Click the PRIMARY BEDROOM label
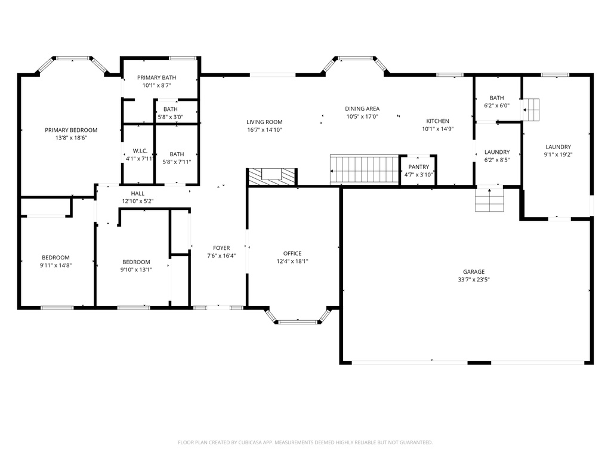(x=71, y=130)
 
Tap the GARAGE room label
(x=474, y=272)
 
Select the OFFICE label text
(x=292, y=253)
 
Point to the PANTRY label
(x=418, y=167)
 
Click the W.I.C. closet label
(x=140, y=151)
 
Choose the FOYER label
(x=221, y=248)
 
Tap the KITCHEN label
(x=437, y=121)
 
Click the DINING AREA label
(x=362, y=109)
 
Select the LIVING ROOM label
(x=264, y=122)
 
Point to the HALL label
(x=138, y=194)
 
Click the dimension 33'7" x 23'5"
(x=474, y=280)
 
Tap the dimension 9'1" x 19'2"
(x=558, y=154)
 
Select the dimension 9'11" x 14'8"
(x=55, y=265)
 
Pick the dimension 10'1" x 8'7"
(x=157, y=86)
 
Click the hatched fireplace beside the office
(x=272, y=177)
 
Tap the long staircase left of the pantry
(x=365, y=169)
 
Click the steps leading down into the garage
(x=489, y=200)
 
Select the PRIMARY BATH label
(x=157, y=78)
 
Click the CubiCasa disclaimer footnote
(x=305, y=442)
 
